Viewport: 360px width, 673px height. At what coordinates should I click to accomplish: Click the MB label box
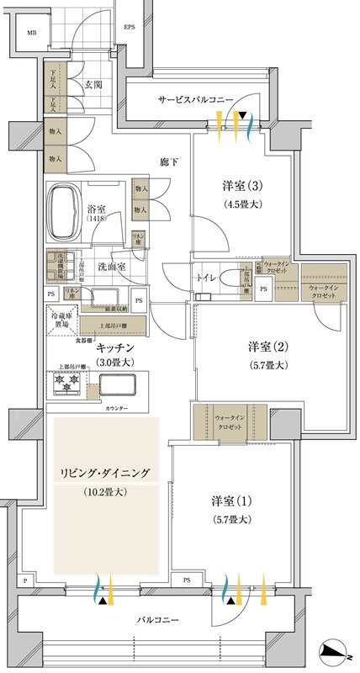coord(32,33)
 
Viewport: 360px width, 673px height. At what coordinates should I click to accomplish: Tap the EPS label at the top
coord(130,27)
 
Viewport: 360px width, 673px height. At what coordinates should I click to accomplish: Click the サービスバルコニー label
coord(195,99)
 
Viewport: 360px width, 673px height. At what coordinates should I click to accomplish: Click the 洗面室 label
coord(111,266)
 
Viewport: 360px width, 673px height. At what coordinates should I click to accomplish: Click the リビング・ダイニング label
coord(105,474)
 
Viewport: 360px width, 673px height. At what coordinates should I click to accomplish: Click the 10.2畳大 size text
coord(105,491)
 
